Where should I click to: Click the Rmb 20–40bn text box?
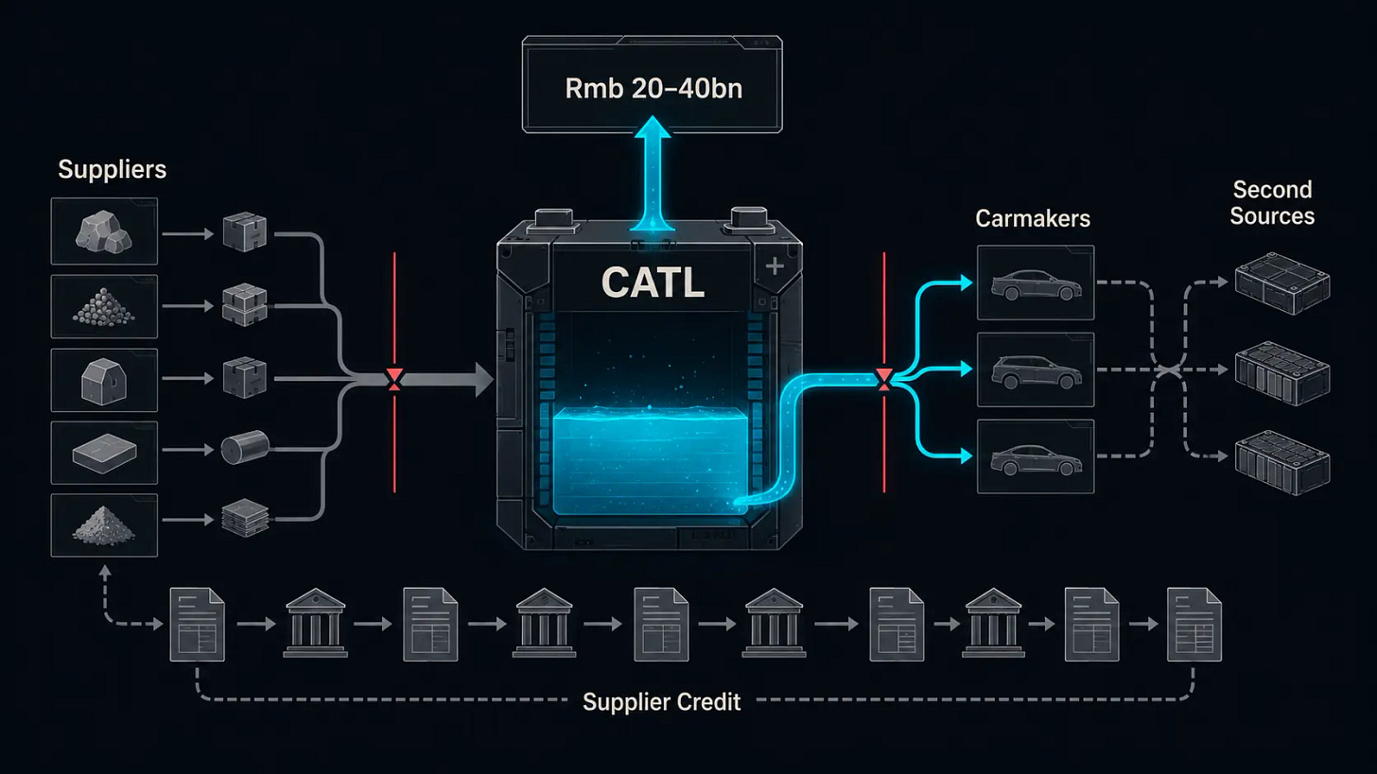[x=653, y=84]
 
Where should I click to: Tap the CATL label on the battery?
[x=653, y=283]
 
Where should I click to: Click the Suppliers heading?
[x=112, y=169]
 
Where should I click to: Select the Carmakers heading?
[x=1033, y=218]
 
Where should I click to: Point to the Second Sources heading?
[x=1272, y=202]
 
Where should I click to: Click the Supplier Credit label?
[x=661, y=701]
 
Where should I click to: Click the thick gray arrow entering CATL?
[x=444, y=379]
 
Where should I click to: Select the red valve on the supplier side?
[x=394, y=379]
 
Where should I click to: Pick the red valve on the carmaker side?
[x=884, y=379]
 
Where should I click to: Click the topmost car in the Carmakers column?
[x=1036, y=284]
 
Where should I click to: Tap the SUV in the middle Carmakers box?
[x=1036, y=371]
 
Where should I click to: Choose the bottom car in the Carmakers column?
[x=1036, y=459]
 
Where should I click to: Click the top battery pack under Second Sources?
[x=1282, y=284]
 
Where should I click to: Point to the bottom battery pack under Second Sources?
[x=1282, y=462]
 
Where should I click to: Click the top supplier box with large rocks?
[x=104, y=231]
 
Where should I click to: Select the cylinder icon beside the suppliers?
[x=245, y=447]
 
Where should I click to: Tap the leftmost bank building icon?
[x=315, y=623]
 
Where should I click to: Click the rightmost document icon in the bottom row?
[x=1194, y=624]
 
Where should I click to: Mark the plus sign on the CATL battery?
[x=775, y=266]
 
